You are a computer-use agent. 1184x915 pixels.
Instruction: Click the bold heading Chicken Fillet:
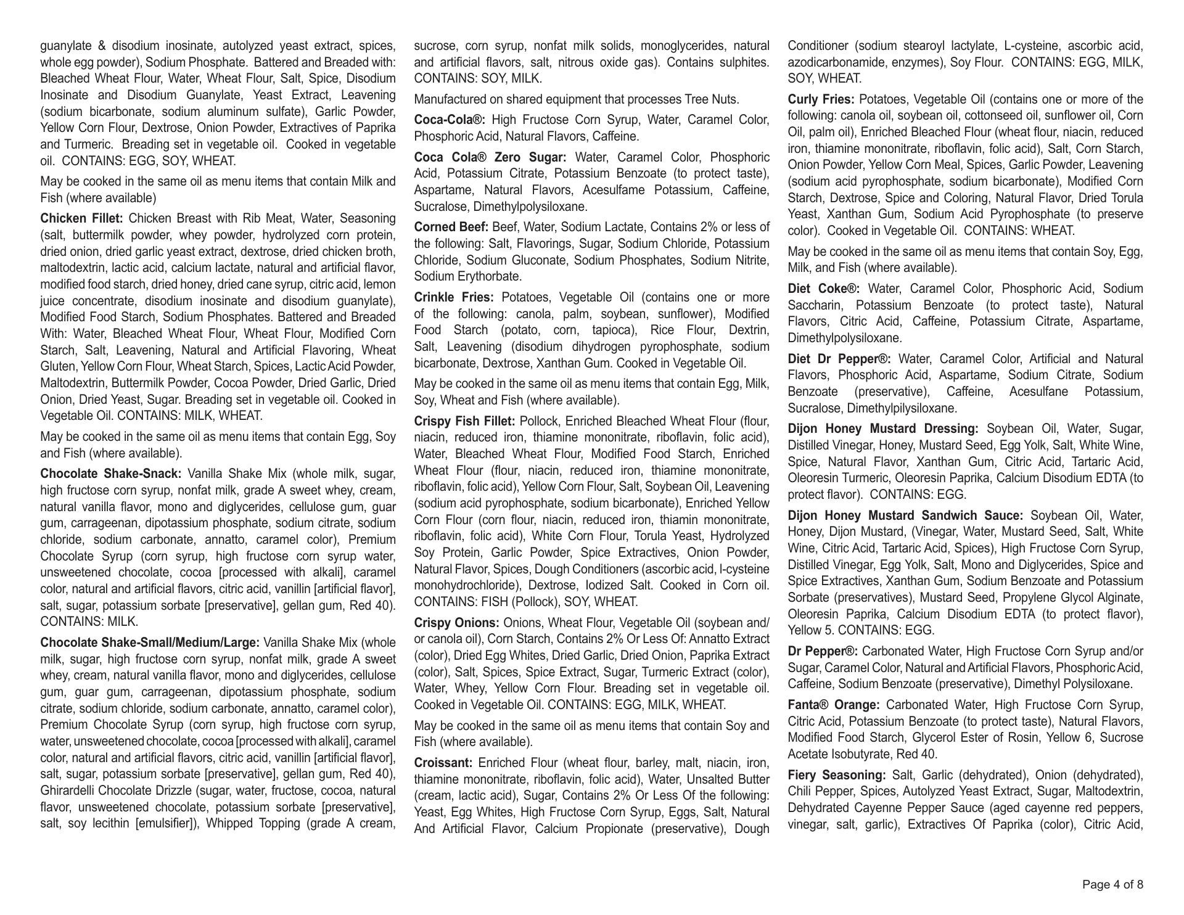pos(81,219)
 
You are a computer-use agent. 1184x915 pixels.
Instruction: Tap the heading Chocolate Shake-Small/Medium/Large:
pos(150,642)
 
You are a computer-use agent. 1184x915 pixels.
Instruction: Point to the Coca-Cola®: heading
pos(450,120)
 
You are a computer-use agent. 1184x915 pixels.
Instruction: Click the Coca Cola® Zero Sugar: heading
pos(490,157)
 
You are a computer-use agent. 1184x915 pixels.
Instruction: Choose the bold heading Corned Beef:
pos(451,228)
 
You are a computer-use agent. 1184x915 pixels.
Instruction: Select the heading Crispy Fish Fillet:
pos(464,422)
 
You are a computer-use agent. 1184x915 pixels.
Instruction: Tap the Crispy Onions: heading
pos(456,623)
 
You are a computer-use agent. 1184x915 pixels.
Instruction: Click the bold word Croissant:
pos(443,763)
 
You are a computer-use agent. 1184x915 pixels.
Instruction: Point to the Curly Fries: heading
pos(821,100)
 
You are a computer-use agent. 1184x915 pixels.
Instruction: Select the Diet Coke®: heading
pos(823,289)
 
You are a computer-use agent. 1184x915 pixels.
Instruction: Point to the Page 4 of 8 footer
pos(1112,885)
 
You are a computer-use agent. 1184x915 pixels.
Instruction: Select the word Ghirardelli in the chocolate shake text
pos(69,791)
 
